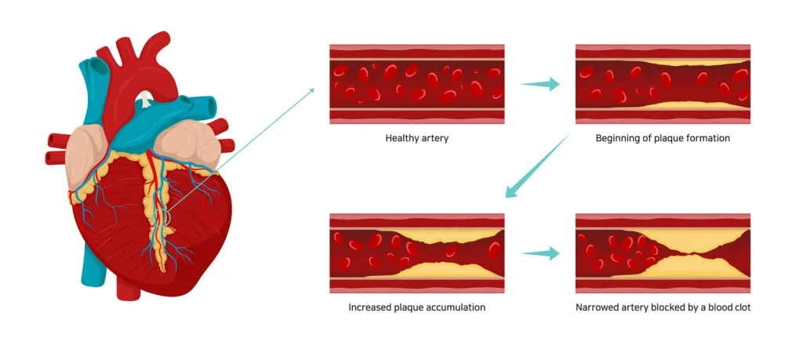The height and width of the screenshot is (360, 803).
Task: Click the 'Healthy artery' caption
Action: pyautogui.click(x=416, y=138)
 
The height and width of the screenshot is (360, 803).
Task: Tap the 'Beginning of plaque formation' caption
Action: pyautogui.click(x=663, y=138)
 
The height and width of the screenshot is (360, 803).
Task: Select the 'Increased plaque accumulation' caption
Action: pyautogui.click(x=416, y=307)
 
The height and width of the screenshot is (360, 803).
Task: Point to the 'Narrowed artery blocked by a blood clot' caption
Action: pyautogui.click(x=663, y=307)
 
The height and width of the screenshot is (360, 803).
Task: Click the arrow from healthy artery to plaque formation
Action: pyautogui.click(x=541, y=84)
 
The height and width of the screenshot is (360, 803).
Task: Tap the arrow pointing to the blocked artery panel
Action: pyautogui.click(x=541, y=253)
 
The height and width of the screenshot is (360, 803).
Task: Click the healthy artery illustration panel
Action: pyautogui.click(x=416, y=84)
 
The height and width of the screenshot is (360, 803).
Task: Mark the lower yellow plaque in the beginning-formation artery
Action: pyautogui.click(x=663, y=104)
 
